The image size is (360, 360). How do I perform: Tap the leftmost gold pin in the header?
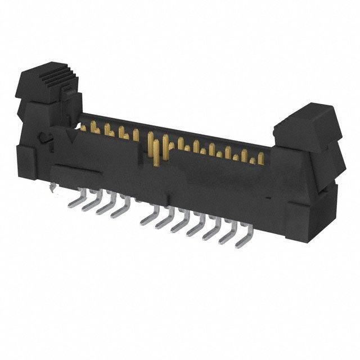[83, 128]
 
